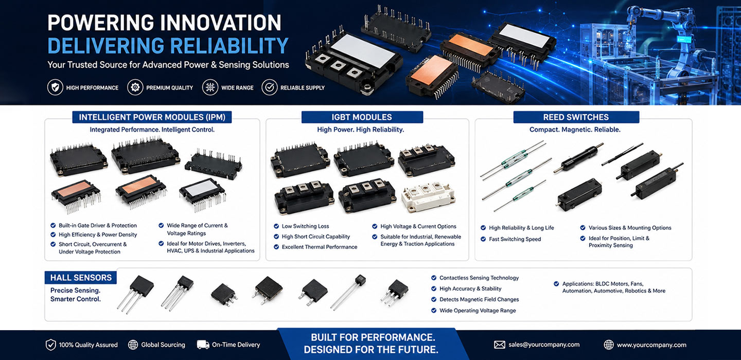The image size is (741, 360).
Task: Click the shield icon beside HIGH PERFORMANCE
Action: coord(55,87)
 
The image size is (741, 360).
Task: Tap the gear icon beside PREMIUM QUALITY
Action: coord(135,87)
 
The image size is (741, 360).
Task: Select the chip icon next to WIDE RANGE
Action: coord(210,87)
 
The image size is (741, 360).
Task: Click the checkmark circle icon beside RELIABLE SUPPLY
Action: coord(270,87)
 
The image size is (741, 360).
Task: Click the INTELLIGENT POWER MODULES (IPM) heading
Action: coord(152,117)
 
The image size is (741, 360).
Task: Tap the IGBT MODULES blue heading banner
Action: coord(362,117)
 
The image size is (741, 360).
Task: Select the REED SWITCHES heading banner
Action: coord(576,117)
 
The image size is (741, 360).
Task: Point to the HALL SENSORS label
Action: coord(81,277)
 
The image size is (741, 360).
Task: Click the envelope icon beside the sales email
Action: coord(500,345)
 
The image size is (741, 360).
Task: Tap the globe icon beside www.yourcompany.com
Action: coord(608,345)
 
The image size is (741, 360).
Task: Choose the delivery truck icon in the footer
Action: coord(203,345)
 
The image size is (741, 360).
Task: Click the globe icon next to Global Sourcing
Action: coord(133,345)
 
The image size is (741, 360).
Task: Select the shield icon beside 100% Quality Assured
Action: coord(50,345)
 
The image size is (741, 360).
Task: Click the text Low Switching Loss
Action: coord(305,226)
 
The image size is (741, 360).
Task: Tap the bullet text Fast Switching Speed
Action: coord(515,239)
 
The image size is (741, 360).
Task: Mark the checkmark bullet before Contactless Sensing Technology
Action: coord(434,278)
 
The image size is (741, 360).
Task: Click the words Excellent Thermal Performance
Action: coord(320,247)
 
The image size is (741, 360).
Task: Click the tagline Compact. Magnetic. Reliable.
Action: coord(575,130)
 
